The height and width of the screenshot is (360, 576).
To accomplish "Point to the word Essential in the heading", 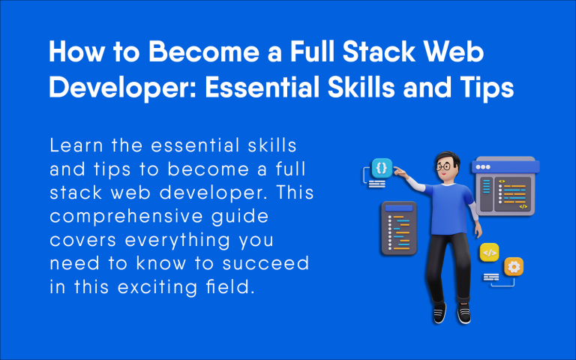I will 260,88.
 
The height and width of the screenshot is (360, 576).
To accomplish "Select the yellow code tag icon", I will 490,253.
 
